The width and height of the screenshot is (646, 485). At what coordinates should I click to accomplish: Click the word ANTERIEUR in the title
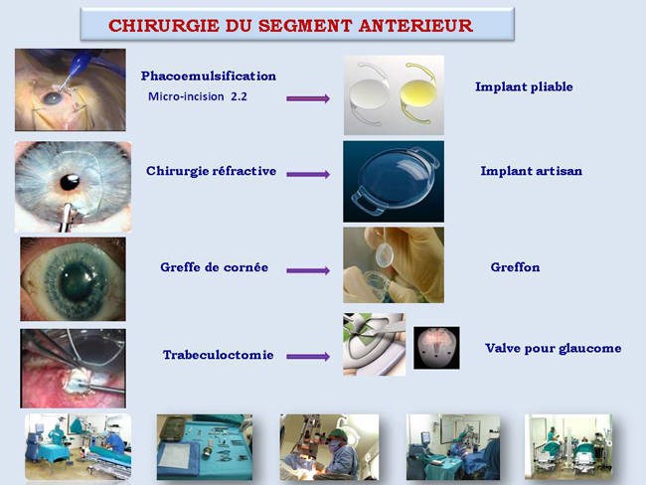point(415,26)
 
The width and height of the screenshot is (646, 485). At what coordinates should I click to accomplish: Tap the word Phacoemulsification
point(209,77)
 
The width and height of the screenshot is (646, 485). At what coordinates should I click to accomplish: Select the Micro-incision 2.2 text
point(198,96)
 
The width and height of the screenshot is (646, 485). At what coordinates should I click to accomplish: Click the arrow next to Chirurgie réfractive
point(308,174)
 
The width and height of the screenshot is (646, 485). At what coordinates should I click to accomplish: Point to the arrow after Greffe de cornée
point(308,270)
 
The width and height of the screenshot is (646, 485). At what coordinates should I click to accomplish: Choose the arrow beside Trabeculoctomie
point(308,357)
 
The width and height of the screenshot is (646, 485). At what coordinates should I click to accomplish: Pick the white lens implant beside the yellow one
point(369,94)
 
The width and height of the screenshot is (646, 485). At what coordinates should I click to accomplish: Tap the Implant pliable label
point(524,86)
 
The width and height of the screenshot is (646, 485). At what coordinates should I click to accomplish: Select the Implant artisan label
point(532,171)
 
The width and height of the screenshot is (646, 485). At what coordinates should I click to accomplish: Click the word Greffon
point(515,267)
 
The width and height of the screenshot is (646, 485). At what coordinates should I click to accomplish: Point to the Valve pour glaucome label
point(554,349)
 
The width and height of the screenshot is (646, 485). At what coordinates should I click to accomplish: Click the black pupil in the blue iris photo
point(70,182)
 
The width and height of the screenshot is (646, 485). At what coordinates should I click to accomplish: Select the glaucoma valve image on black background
point(436,348)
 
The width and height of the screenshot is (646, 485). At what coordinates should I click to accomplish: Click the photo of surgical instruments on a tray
point(205,447)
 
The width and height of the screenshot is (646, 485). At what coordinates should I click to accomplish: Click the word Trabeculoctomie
point(219,355)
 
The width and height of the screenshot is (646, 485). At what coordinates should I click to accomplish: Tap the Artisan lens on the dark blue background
point(395,181)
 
